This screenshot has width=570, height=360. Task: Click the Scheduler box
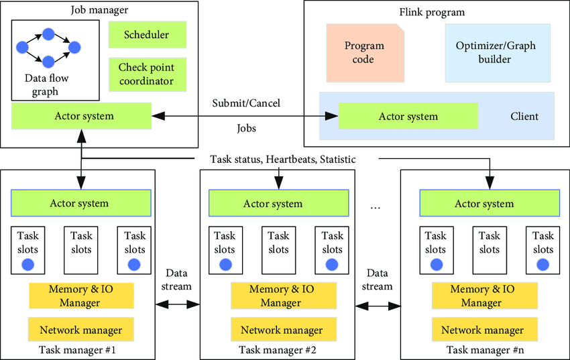click(148, 34)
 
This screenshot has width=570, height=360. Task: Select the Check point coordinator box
click(148, 74)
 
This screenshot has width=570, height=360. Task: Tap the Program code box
click(365, 53)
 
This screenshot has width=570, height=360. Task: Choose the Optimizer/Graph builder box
click(498, 53)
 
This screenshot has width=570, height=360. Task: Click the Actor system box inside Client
click(408, 116)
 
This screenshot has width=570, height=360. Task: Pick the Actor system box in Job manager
click(81, 116)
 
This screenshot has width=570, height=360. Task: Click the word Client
click(524, 116)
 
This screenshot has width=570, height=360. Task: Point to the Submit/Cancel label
click(246, 103)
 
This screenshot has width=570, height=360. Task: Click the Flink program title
click(432, 12)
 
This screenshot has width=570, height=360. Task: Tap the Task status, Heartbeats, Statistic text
click(283, 159)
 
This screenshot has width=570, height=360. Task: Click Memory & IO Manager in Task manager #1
click(81, 296)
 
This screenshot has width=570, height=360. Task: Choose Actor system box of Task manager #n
click(490, 203)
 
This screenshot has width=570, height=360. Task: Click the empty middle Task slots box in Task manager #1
click(81, 250)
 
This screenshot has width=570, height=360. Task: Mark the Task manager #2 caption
click(278, 350)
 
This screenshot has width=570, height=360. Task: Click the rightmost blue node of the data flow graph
click(74, 47)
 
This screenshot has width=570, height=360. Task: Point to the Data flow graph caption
click(46, 84)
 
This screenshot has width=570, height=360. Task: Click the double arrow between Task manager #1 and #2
click(178, 304)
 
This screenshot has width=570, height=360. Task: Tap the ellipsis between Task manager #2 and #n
click(375, 208)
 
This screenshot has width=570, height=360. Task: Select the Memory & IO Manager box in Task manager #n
click(485, 296)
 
